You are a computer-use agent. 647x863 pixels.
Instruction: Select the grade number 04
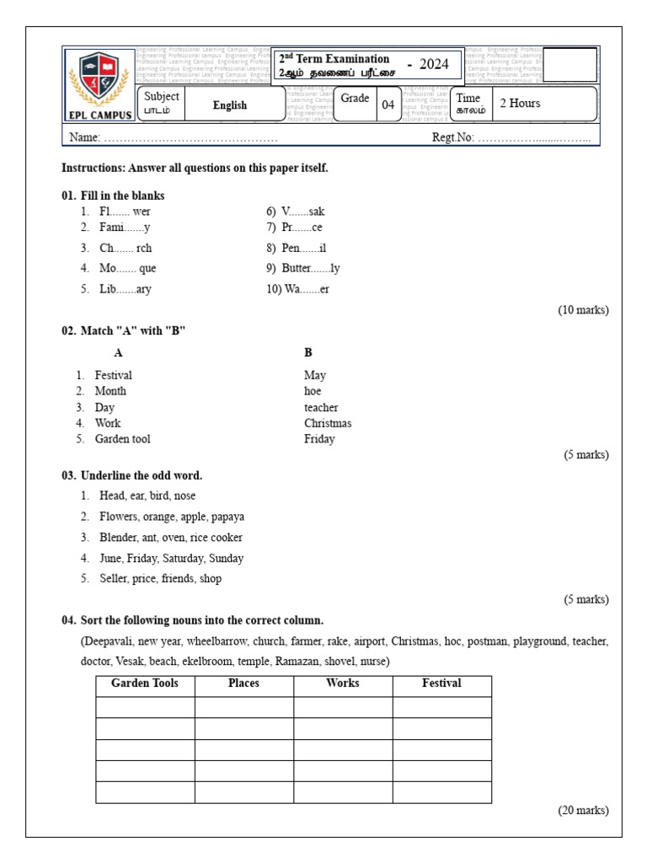pos(388,105)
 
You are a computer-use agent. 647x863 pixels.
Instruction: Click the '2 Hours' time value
pos(521,104)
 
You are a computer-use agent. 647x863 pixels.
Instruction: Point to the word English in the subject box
pos(230,105)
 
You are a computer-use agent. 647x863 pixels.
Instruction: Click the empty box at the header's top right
pos(570,65)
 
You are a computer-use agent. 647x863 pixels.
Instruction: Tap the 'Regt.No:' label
pos(453,137)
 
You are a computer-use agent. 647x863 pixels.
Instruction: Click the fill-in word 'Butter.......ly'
pos(311,269)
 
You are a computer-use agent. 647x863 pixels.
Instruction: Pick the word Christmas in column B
pos(328,423)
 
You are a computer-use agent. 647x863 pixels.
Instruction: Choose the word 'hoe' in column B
pos(313,391)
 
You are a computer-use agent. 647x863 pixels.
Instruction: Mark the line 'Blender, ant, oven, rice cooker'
pos(171,538)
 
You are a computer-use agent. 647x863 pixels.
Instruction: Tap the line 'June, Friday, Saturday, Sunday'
pos(172,558)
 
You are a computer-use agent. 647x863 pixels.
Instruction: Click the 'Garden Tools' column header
pos(145,683)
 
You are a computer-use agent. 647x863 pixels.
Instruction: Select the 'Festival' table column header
pos(441,683)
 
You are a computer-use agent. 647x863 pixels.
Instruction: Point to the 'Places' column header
pos(243,683)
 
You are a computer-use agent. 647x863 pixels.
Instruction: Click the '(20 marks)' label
pos(583,811)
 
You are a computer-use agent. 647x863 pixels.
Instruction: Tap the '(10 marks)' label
pos(583,310)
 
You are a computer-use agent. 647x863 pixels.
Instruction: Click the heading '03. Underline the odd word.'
pos(132,475)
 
